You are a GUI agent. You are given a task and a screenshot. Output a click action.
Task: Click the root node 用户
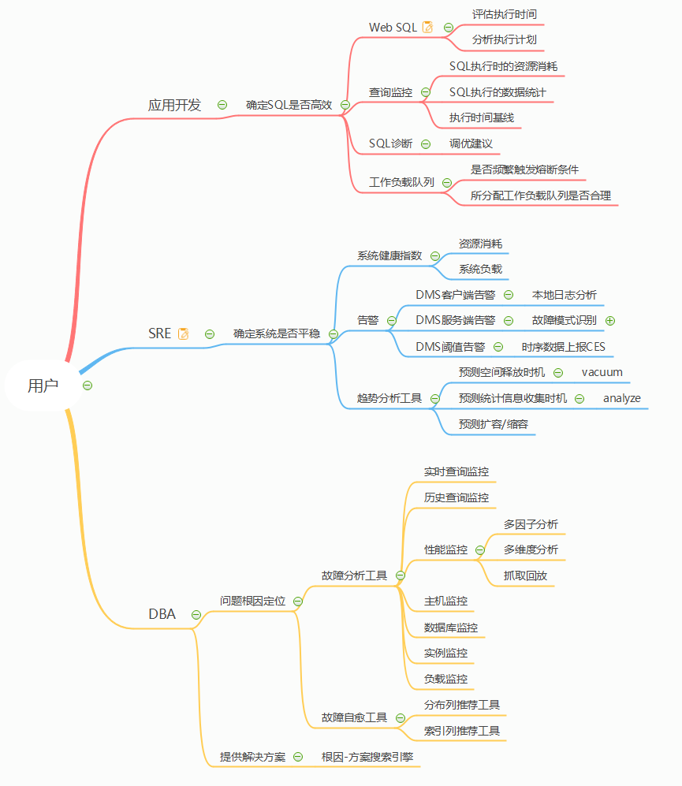pyautogui.click(x=43, y=386)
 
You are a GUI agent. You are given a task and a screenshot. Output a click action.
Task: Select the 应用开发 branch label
pyautogui.click(x=175, y=105)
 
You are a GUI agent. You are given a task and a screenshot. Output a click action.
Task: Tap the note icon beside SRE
pyautogui.click(x=184, y=333)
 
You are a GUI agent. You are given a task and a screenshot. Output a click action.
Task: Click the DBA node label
pyautogui.click(x=162, y=614)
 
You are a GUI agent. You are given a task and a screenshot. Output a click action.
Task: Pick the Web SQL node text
pyautogui.click(x=393, y=27)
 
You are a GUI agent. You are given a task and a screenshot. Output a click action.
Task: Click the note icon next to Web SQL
pyautogui.click(x=428, y=27)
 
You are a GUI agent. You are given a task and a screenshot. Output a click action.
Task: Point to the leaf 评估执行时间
pyautogui.click(x=505, y=14)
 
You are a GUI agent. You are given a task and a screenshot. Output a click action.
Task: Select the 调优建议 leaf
pyautogui.click(x=471, y=143)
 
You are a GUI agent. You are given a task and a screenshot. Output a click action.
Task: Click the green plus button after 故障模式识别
pyautogui.click(x=609, y=320)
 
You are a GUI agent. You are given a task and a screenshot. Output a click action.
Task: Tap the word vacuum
pyautogui.click(x=602, y=372)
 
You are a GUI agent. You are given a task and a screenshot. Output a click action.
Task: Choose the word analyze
pyautogui.click(x=622, y=398)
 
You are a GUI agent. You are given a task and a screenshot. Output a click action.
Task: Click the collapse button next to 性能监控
pyautogui.click(x=480, y=549)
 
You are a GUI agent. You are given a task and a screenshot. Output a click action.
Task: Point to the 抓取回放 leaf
pyautogui.click(x=525, y=576)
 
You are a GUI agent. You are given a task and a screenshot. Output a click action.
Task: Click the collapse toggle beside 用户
pyautogui.click(x=88, y=386)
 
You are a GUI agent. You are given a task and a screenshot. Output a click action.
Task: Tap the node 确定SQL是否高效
pyautogui.click(x=289, y=104)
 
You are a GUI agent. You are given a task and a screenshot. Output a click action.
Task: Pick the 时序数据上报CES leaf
pyautogui.click(x=563, y=346)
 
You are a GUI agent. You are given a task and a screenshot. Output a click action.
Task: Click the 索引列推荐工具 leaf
pyautogui.click(x=462, y=731)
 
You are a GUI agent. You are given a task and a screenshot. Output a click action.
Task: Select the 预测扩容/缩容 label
pyautogui.click(x=494, y=424)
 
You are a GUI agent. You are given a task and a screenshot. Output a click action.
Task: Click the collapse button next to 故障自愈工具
pyautogui.click(x=400, y=718)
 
